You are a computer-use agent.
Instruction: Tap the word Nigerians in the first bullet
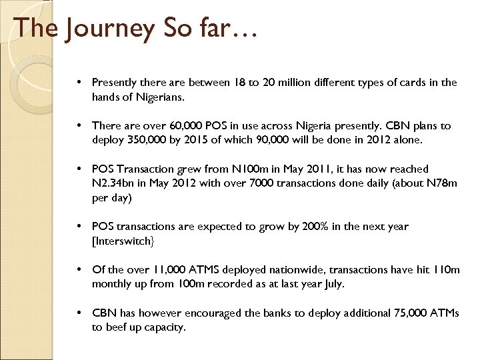point(160,97)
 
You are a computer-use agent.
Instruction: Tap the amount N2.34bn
point(111,183)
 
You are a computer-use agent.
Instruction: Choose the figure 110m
point(447,270)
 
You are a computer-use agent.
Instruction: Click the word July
point(333,284)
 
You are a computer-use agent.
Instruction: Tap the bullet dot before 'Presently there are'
point(79,83)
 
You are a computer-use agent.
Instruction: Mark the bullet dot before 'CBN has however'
point(79,313)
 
